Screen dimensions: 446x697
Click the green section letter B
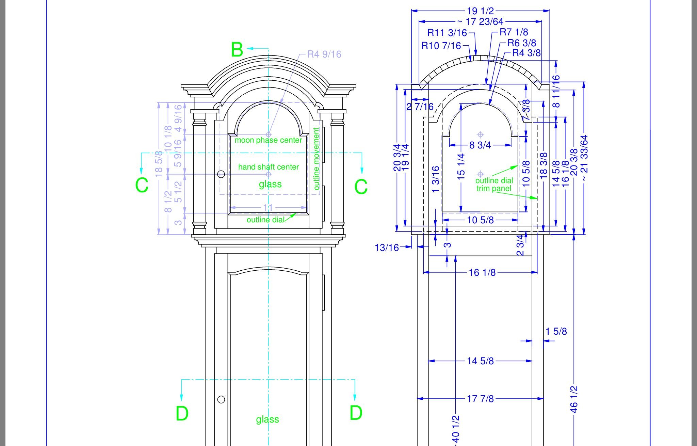click(237, 50)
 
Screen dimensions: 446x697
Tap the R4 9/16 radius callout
click(324, 54)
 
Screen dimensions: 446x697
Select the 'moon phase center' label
click(268, 140)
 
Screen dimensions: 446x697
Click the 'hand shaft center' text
click(268, 167)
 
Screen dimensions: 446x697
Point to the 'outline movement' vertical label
click(317, 159)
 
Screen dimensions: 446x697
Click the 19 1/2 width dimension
click(480, 11)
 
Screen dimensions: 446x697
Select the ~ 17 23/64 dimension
click(480, 22)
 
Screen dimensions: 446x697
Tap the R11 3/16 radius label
click(447, 33)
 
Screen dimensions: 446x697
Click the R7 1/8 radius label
click(514, 32)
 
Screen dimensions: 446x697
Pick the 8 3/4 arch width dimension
click(480, 145)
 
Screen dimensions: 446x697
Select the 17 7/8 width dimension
click(480, 399)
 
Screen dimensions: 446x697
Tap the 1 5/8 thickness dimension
click(556, 331)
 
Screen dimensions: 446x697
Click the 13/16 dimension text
click(387, 248)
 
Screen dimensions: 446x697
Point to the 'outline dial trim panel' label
click(494, 184)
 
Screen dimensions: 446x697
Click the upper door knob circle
click(221, 174)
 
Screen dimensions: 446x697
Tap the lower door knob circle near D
click(221, 399)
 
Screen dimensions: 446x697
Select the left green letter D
click(182, 414)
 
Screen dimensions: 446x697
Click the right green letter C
click(361, 187)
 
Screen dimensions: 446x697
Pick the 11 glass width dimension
click(268, 207)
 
